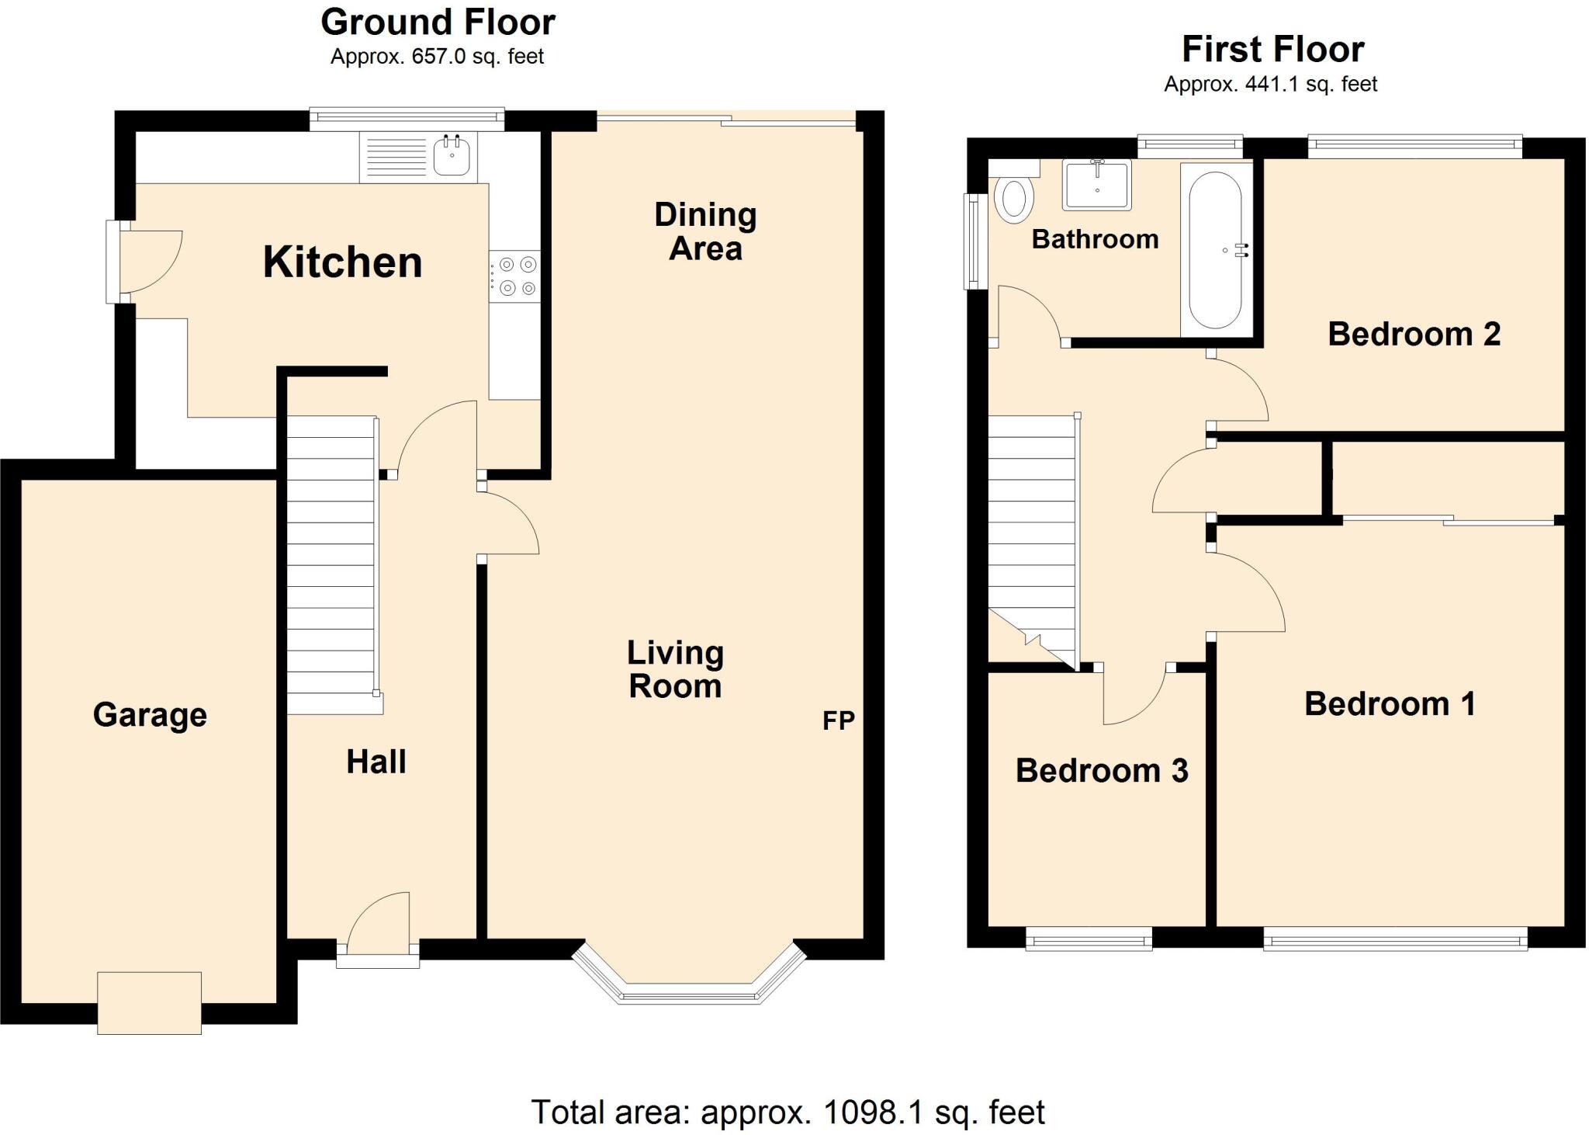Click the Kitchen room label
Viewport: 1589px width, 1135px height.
click(x=342, y=262)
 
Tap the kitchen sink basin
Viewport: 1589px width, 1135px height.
click(x=452, y=158)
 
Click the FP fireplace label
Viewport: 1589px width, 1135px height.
click(x=838, y=721)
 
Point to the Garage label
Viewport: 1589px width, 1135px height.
click(x=150, y=715)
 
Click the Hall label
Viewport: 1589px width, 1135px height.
click(x=376, y=762)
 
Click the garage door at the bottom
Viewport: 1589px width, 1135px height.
click(x=149, y=1002)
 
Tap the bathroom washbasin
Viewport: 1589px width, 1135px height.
click(x=1097, y=186)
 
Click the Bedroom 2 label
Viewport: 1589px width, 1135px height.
click(x=1414, y=335)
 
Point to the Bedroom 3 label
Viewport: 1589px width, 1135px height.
click(x=1101, y=771)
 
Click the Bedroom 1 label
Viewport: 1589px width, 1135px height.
click(x=1390, y=704)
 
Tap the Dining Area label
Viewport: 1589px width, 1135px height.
click(x=705, y=232)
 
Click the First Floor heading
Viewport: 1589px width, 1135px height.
click(x=1272, y=50)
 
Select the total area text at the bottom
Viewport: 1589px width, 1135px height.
click(x=788, y=1112)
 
